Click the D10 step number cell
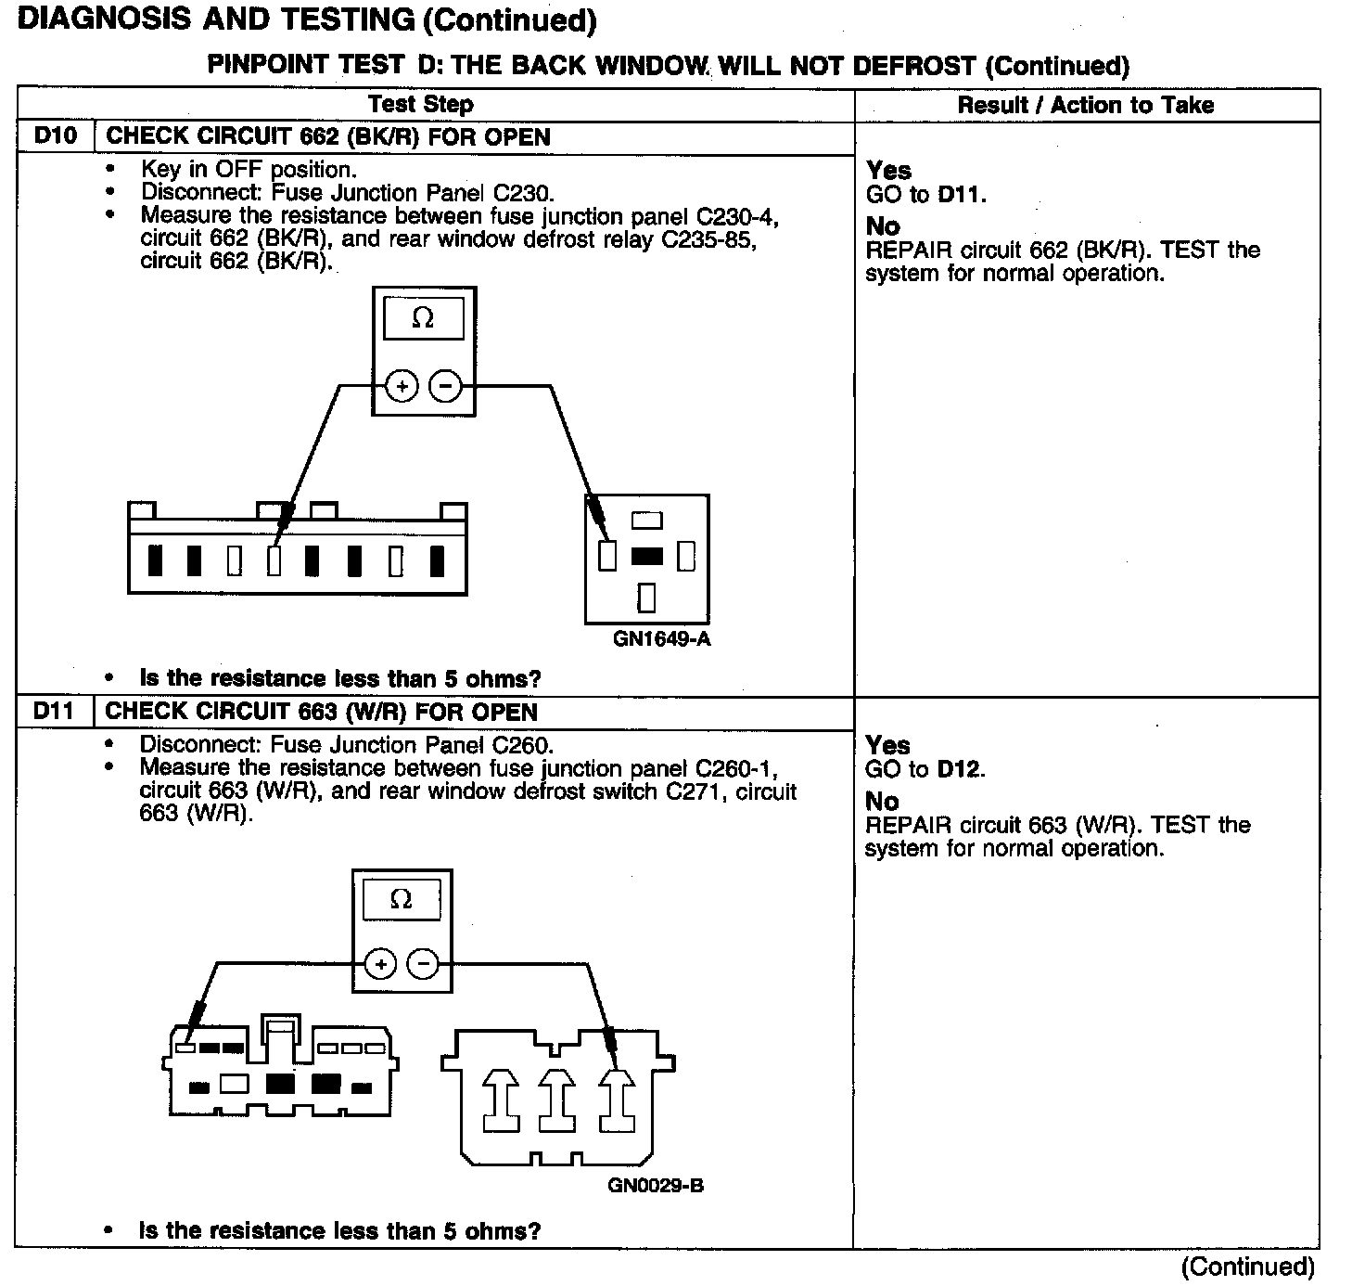(x=55, y=136)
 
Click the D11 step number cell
(x=55, y=712)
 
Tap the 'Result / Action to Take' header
(x=1085, y=105)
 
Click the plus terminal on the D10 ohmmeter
(x=402, y=386)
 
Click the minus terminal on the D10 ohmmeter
(x=446, y=386)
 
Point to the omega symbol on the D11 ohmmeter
(x=401, y=899)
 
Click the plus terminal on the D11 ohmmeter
(x=380, y=965)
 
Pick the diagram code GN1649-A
(x=662, y=639)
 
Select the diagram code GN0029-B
(x=656, y=1186)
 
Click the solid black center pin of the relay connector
(x=646, y=556)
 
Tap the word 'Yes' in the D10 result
(x=888, y=171)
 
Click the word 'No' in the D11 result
(x=882, y=801)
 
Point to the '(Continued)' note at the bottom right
(x=1247, y=1267)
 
